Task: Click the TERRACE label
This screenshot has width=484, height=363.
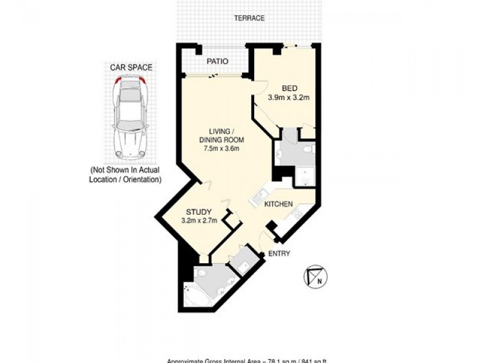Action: pyautogui.click(x=249, y=18)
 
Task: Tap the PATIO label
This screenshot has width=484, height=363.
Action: pyautogui.click(x=217, y=61)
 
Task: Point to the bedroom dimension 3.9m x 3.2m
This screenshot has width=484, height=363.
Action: pyautogui.click(x=289, y=97)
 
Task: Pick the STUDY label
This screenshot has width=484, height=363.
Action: pyautogui.click(x=198, y=212)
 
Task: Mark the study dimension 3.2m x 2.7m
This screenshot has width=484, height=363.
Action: pyautogui.click(x=198, y=221)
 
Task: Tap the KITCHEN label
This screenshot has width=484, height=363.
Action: pyautogui.click(x=279, y=204)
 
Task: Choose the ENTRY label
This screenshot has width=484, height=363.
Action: pyautogui.click(x=279, y=253)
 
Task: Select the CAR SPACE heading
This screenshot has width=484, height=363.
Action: pyautogui.click(x=131, y=68)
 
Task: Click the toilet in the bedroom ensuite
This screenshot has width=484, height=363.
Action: pyautogui.click(x=307, y=149)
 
